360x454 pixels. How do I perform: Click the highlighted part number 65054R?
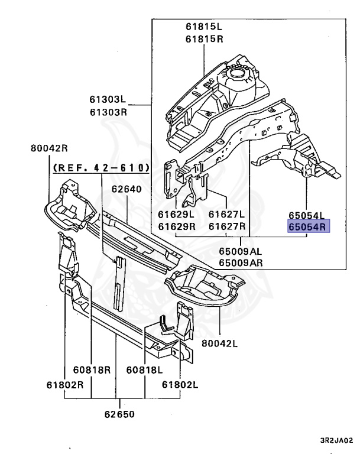[309, 226]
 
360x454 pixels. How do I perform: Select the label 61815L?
[203, 27]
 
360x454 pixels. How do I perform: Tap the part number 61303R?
[108, 112]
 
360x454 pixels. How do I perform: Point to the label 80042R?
[49, 148]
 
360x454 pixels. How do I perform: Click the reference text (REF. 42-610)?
[101, 168]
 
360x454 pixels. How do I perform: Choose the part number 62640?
[127, 189]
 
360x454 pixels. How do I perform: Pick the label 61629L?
[176, 214]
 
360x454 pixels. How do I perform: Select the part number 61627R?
[227, 226]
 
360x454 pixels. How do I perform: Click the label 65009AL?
[240, 251]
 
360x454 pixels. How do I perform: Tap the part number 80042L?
[219, 343]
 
